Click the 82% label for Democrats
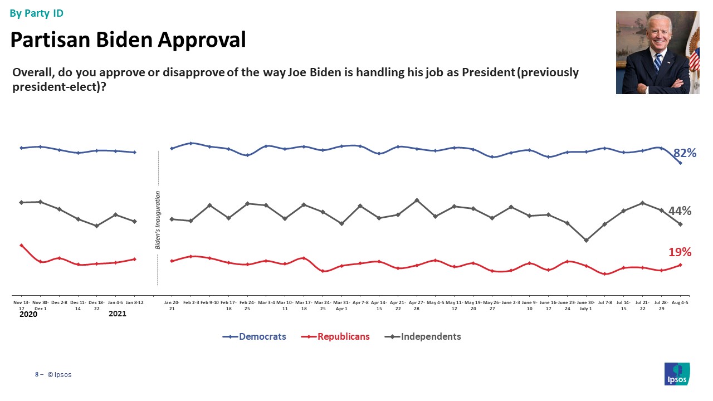(x=685, y=153)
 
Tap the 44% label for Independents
(x=680, y=211)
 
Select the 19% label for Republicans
(x=680, y=252)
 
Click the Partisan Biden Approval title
(x=128, y=40)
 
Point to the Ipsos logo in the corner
(x=677, y=374)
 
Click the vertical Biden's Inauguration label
(x=158, y=220)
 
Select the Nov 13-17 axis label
(x=21, y=305)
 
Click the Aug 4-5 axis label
(x=680, y=302)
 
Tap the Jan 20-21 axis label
(x=172, y=305)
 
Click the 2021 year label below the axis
(x=117, y=314)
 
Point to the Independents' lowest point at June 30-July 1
(x=586, y=241)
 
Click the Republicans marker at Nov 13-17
(x=21, y=245)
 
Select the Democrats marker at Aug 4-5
(x=680, y=163)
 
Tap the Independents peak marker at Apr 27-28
(x=417, y=200)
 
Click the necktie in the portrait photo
(x=658, y=62)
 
